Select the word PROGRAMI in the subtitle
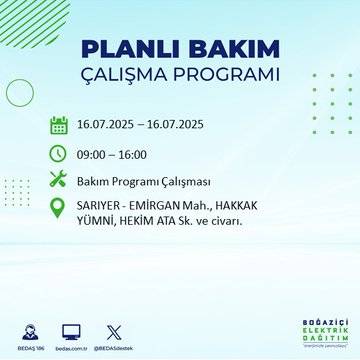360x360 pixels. click(x=233, y=76)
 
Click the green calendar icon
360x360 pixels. click(x=58, y=125)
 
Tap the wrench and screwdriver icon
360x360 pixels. click(x=58, y=180)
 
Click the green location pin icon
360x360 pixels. click(x=58, y=211)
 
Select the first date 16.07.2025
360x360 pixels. click(x=110, y=126)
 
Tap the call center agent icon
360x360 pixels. click(x=22, y=331)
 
